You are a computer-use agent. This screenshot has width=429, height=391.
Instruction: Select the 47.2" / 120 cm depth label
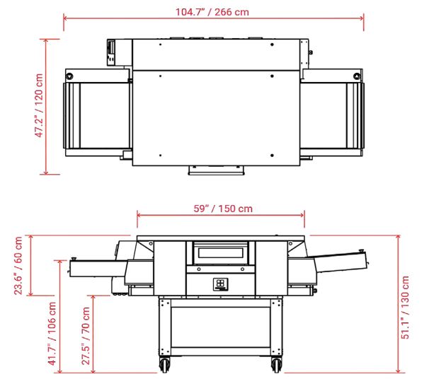coord(40,107)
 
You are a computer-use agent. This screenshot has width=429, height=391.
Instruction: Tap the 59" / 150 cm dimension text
coord(222,209)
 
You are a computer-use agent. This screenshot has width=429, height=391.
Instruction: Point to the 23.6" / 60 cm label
coord(19,265)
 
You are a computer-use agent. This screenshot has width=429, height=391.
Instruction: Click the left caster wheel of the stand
coord(165,365)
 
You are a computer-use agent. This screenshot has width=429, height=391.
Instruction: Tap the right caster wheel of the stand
coord(276,365)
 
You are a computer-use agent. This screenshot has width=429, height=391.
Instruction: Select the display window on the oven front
coord(221,252)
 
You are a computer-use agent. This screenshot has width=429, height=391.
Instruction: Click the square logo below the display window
coord(221,284)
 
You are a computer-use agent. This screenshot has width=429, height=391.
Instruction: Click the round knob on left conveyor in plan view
coord(69,75)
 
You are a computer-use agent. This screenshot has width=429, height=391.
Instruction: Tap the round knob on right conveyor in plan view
coord(356,75)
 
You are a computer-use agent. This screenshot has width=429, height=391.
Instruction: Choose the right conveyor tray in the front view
coord(340,263)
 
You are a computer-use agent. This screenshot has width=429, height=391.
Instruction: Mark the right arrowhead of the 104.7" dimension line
coord(362,19)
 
